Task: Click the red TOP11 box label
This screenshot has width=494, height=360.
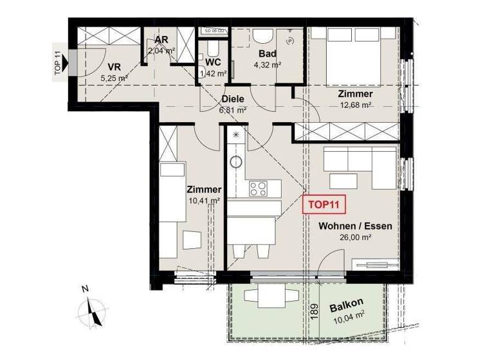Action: point(324,206)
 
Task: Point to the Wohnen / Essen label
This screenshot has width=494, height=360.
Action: point(355,226)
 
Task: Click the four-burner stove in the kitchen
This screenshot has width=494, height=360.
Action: point(258,188)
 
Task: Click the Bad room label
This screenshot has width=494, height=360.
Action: point(267,54)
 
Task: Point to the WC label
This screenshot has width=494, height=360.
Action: point(214,62)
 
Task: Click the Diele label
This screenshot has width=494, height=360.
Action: point(233,100)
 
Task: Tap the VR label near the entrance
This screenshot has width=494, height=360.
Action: point(114,66)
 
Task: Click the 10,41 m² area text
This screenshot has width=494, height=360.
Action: point(204,201)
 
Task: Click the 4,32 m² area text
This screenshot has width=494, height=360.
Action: point(268,64)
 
